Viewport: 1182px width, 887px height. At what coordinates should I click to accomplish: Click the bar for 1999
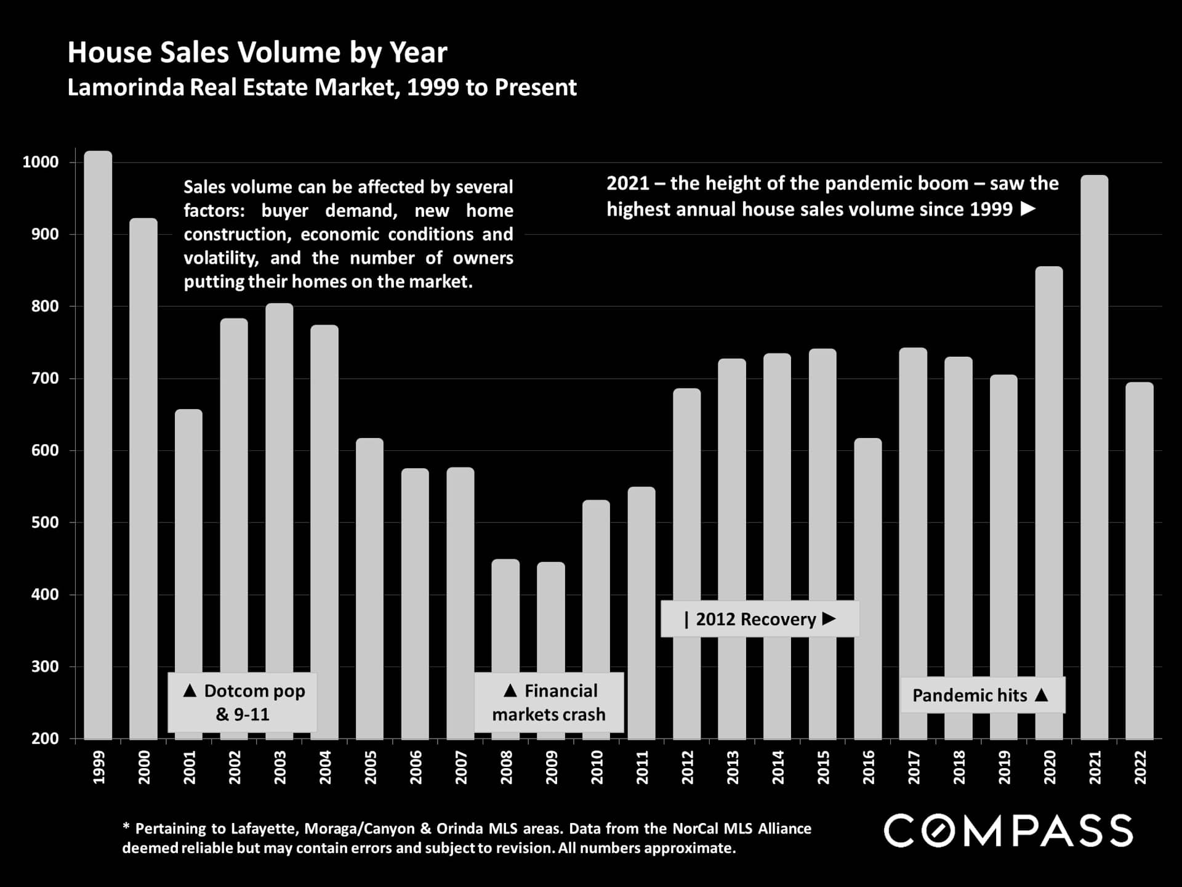(x=98, y=443)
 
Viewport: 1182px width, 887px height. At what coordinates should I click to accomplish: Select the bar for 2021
(x=1094, y=456)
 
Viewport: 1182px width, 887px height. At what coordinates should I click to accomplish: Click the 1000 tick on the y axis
(x=41, y=163)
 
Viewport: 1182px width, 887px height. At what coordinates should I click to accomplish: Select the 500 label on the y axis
(x=45, y=523)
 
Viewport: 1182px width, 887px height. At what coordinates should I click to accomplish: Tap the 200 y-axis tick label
(x=45, y=739)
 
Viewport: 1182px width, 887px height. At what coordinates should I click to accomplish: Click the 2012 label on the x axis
(x=687, y=768)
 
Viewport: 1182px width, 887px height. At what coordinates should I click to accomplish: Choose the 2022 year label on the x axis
(x=1140, y=768)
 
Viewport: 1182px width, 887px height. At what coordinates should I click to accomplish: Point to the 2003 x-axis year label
(x=279, y=768)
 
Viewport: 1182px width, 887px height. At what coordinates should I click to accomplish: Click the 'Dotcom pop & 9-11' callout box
(x=243, y=702)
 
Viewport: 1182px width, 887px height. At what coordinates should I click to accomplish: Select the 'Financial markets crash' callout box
(x=549, y=702)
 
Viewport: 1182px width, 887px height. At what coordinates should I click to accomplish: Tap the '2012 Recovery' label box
(x=760, y=619)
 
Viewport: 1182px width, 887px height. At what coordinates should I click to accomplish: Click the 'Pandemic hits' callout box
(x=983, y=695)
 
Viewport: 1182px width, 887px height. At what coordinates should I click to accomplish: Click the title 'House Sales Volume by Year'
(x=257, y=52)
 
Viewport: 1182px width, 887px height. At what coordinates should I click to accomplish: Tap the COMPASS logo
(x=1008, y=830)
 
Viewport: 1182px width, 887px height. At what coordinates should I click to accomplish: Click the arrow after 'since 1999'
(x=1027, y=209)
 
